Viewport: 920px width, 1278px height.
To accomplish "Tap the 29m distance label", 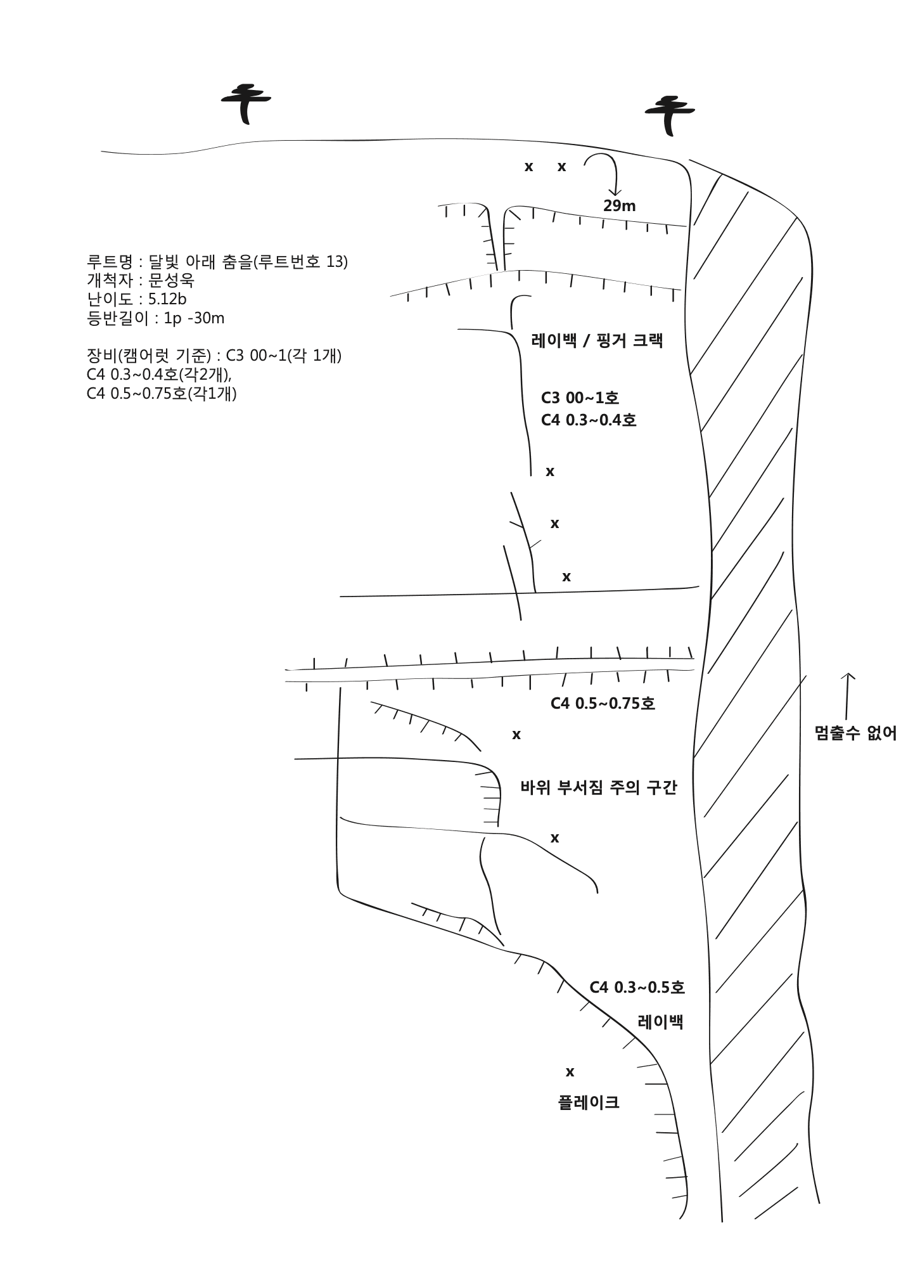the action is (619, 206).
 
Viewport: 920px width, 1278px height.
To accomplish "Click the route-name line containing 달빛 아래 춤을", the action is (217, 261).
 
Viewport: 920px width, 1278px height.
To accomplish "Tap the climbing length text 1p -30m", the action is (194, 318).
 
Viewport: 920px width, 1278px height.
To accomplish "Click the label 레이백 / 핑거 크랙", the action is (597, 340).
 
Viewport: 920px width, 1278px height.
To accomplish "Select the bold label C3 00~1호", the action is (580, 398).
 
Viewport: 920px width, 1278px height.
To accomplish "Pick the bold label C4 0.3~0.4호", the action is (589, 420).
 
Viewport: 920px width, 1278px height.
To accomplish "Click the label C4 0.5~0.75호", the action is (603, 703).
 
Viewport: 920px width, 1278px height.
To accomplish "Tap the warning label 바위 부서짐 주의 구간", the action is (599, 788).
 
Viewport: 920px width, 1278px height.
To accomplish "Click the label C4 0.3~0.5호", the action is (637, 987).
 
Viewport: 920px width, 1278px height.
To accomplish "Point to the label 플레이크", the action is (589, 1102).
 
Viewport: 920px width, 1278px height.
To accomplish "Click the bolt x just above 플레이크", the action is (570, 1072).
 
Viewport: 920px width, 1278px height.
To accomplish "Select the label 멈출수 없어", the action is (856, 733).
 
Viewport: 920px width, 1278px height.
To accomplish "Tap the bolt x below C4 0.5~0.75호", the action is (516, 735).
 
